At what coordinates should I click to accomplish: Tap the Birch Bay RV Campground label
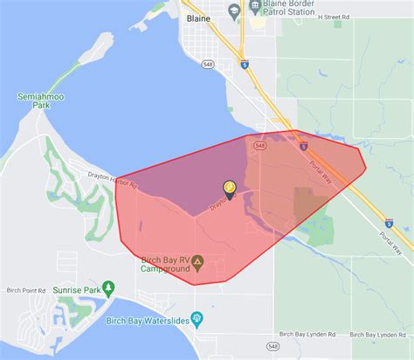pyautogui.click(x=166, y=264)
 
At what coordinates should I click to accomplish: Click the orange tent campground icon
pyautogui.click(x=198, y=260)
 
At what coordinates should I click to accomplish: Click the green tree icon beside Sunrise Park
pyautogui.click(x=108, y=287)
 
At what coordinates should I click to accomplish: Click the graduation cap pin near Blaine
pyautogui.click(x=234, y=10)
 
